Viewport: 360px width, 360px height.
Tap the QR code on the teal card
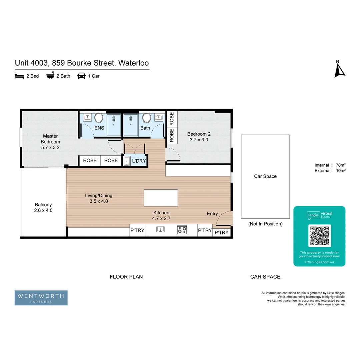pyautogui.click(x=319, y=236)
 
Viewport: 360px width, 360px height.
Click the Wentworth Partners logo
pyautogui.click(x=41, y=298)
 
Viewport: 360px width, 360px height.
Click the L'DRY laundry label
pyautogui.click(x=139, y=161)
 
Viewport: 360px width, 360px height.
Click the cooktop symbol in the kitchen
pyautogui.click(x=182, y=230)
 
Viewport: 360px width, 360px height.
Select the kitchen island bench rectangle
pyautogui.click(x=161, y=198)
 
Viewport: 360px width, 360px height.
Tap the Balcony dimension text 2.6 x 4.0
pyautogui.click(x=43, y=210)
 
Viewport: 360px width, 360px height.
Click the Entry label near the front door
pyautogui.click(x=212, y=214)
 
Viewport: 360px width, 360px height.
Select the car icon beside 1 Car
pyautogui.click(x=81, y=76)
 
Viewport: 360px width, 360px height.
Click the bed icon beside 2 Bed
pyautogui.click(x=19, y=76)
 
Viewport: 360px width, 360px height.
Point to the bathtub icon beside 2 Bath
pyautogui.click(x=50, y=76)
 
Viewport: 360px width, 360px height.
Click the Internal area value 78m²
pyautogui.click(x=340, y=165)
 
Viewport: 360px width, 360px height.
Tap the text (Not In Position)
pyautogui.click(x=265, y=224)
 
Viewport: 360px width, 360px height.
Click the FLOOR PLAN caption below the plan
pyautogui.click(x=126, y=277)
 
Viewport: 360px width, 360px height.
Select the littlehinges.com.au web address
pyautogui.click(x=319, y=262)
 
